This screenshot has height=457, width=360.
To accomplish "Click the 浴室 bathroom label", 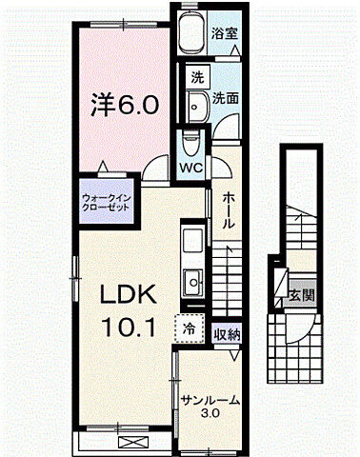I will click(224, 32).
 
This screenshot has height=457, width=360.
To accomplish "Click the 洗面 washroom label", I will click(225, 97).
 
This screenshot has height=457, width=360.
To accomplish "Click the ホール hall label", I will click(230, 209).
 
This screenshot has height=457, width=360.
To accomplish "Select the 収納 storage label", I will click(226, 334).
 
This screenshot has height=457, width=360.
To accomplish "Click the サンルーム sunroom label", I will click(210, 401).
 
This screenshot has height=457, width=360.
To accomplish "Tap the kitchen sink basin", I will click(191, 283).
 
